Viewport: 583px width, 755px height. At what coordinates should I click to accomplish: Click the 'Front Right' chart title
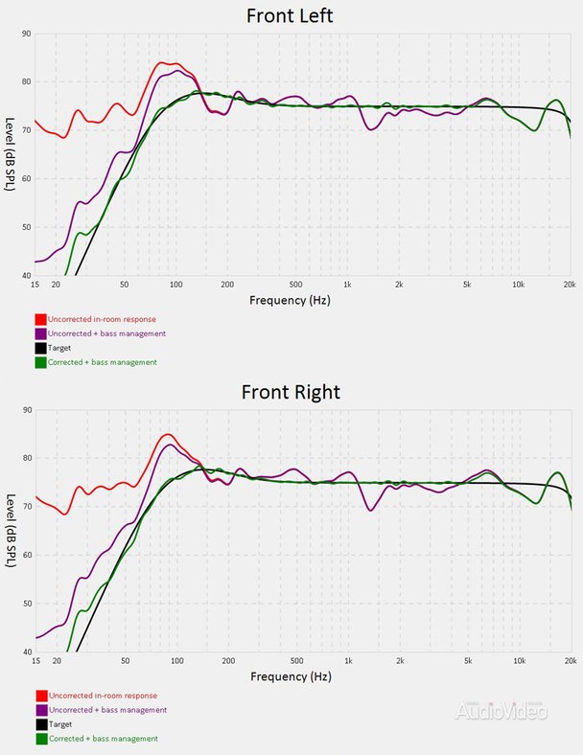click(x=291, y=392)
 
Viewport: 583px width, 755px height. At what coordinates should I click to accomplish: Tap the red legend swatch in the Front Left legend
click(x=41, y=319)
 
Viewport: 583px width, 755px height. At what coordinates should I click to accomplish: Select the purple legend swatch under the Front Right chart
click(x=41, y=710)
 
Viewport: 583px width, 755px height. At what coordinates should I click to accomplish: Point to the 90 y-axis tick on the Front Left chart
click(x=26, y=34)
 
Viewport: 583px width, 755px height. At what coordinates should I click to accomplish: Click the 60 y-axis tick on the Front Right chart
click(x=26, y=555)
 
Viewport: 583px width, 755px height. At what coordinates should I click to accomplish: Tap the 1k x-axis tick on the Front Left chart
click(x=347, y=285)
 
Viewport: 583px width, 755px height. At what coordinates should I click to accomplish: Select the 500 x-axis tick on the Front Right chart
click(x=295, y=661)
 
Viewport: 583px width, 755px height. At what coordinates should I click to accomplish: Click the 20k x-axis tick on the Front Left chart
click(x=570, y=285)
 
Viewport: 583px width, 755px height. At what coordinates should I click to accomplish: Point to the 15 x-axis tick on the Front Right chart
click(x=35, y=661)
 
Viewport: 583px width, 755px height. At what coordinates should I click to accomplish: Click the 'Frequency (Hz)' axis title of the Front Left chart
click(x=291, y=300)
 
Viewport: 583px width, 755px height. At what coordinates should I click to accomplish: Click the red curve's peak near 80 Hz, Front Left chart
click(x=164, y=63)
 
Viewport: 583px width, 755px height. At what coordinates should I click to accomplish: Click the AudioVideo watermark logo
click(x=501, y=710)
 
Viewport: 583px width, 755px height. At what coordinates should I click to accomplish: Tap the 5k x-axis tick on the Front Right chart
click(x=467, y=661)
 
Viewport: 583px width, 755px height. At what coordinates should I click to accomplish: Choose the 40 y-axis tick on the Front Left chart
click(x=26, y=275)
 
